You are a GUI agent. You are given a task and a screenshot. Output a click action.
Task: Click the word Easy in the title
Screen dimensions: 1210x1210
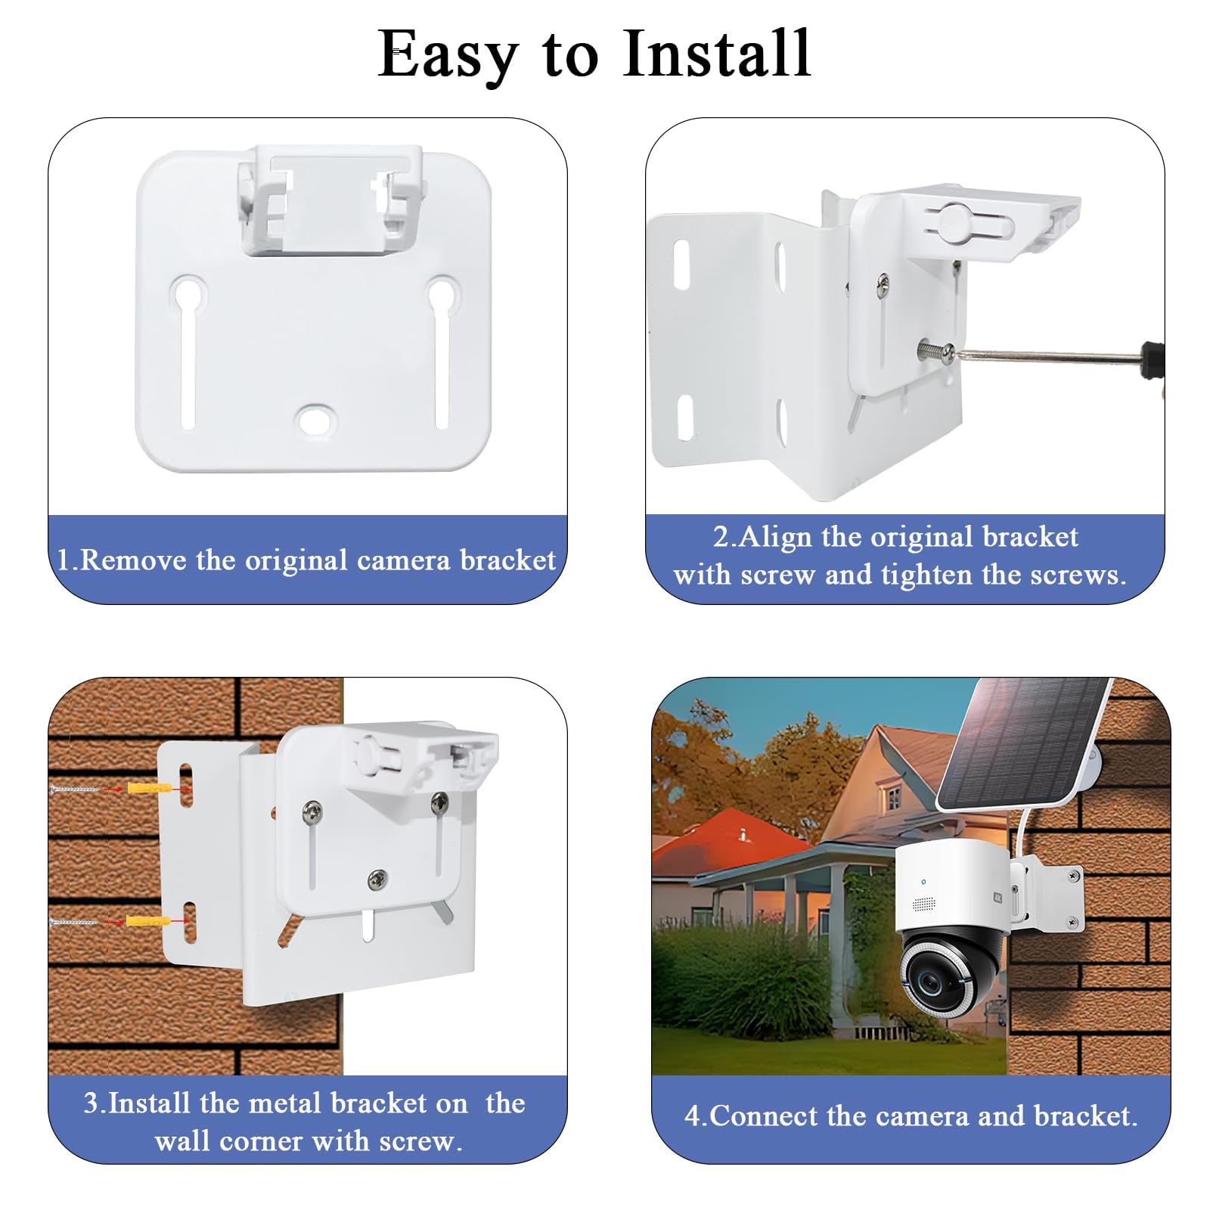pos(448,54)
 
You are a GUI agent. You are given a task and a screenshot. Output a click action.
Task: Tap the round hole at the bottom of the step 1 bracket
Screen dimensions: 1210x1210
pos(314,420)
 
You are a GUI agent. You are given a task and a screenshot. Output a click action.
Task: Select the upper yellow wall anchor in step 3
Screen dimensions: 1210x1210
pos(147,789)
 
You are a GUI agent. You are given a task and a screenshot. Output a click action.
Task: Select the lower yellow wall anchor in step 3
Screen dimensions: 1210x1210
pos(147,922)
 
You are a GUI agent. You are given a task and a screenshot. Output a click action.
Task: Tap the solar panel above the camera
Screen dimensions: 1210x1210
pos(1022,744)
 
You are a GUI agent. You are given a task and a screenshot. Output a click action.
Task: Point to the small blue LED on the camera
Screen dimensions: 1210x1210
pos(923,882)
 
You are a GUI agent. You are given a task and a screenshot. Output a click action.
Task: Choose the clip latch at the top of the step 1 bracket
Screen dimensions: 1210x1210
pos(330,200)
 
